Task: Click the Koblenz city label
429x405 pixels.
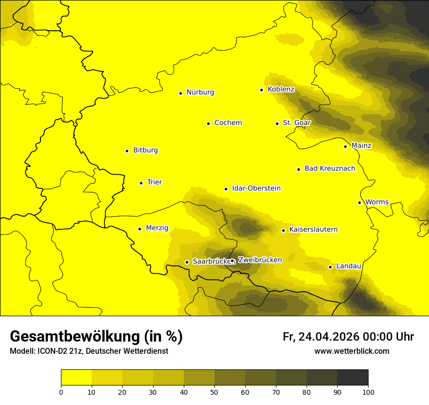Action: [281, 89]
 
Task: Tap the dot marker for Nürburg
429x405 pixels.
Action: [180, 93]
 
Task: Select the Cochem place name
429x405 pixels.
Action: [228, 123]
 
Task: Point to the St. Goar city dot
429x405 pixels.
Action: [277, 123]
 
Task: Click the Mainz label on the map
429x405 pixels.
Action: [361, 145]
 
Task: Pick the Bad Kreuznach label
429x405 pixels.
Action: [330, 169]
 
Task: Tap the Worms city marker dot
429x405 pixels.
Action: [359, 202]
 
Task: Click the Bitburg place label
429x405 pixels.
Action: [145, 150]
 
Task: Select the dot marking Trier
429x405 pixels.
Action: [141, 183]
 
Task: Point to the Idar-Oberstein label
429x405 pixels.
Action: [256, 188]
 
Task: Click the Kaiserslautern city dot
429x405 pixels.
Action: [283, 230]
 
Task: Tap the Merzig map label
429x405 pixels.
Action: [157, 228]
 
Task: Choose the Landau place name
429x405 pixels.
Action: [349, 266]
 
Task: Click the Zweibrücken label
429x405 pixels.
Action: [260, 260]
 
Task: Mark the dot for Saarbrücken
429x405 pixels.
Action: [187, 262]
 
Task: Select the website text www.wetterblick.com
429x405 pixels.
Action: [351, 351]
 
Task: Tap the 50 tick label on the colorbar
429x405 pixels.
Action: [214, 391]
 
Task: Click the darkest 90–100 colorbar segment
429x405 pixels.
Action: [352, 377]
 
